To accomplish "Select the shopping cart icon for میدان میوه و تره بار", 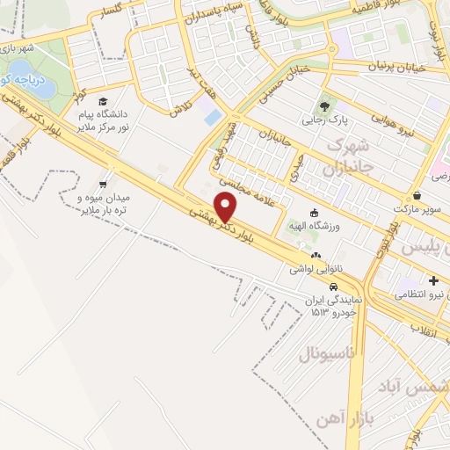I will (104, 185).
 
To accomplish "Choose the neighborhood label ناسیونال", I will (327, 354).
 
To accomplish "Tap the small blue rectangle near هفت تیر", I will (213, 116).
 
